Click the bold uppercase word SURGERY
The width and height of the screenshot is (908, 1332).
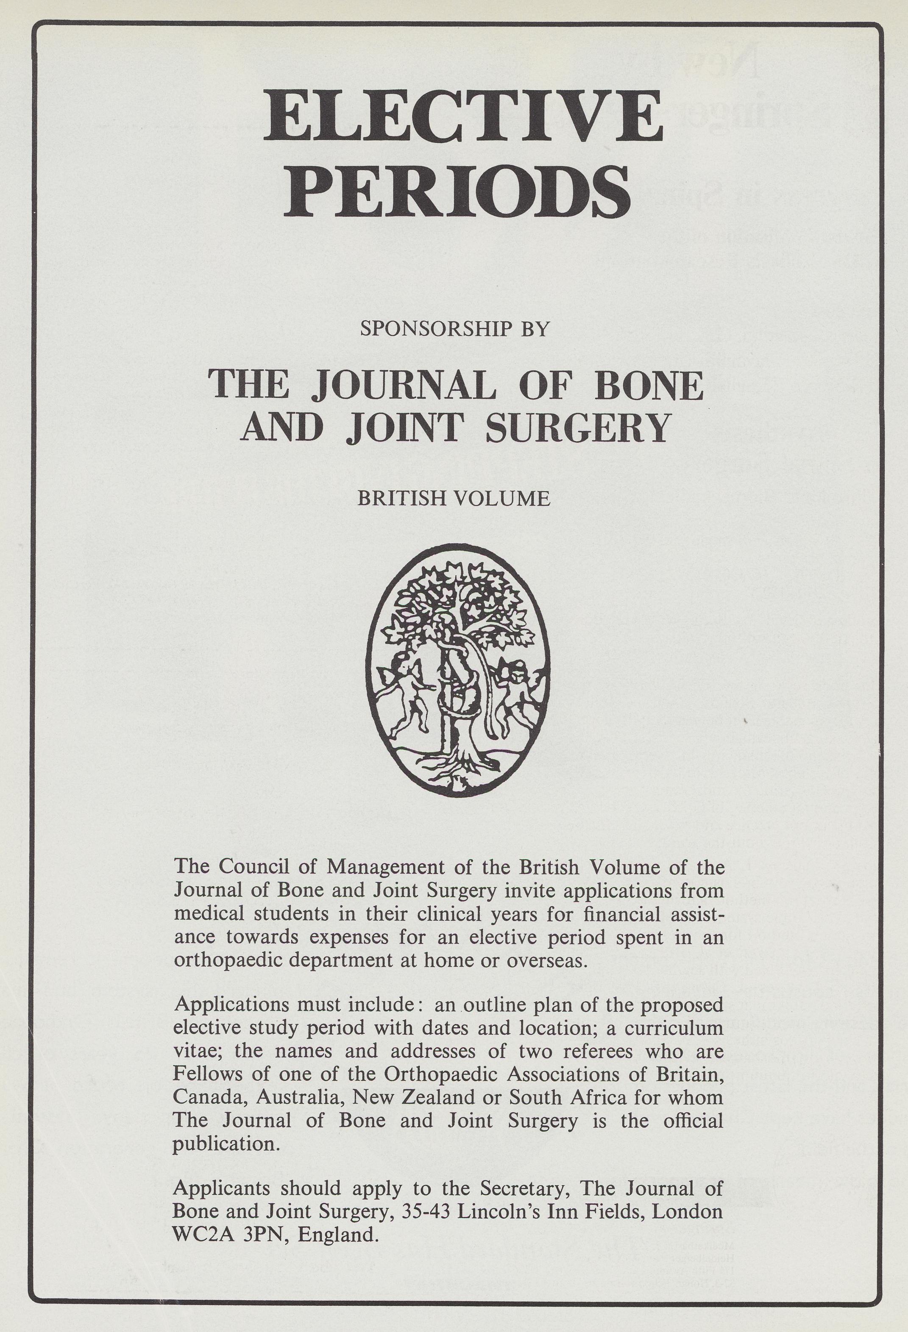pyautogui.click(x=577, y=427)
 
